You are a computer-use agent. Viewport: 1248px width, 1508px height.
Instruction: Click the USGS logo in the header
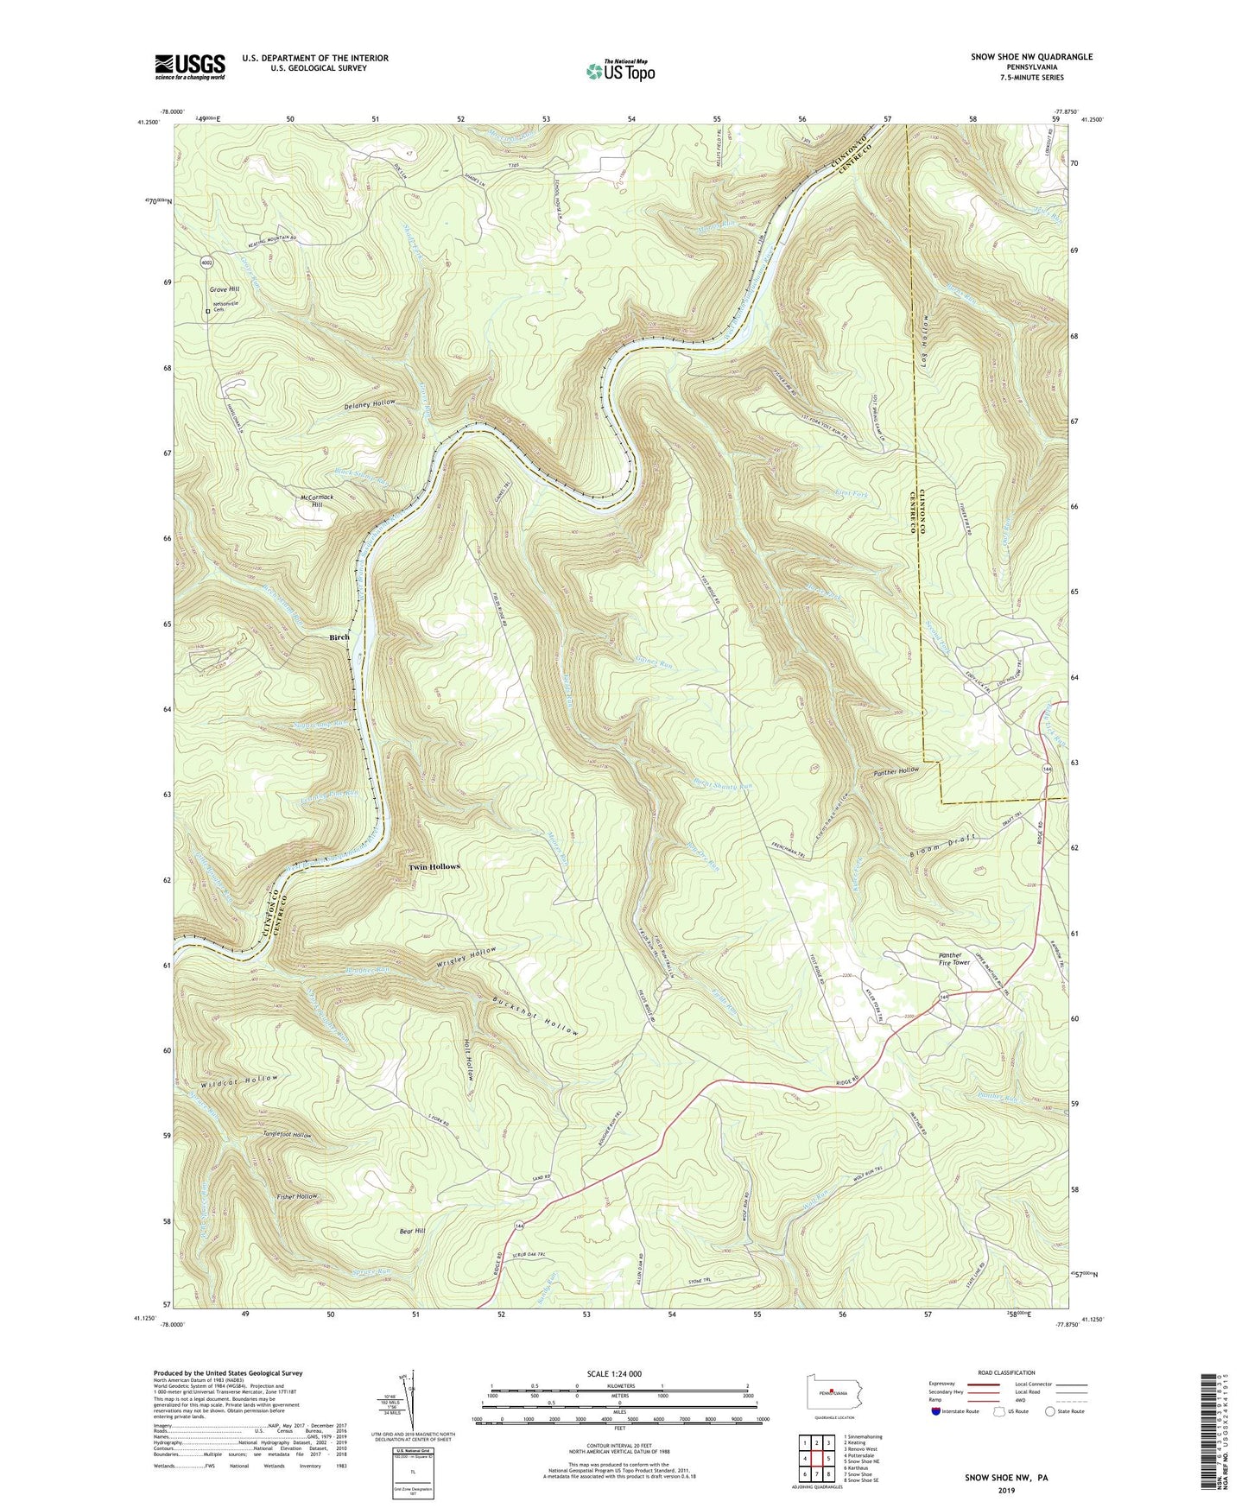[x=190, y=66]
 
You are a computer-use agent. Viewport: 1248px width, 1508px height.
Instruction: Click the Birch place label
[x=339, y=637]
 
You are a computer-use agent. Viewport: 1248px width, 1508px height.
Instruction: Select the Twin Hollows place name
[x=434, y=866]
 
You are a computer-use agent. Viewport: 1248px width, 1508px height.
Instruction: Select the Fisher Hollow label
[x=296, y=1196]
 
